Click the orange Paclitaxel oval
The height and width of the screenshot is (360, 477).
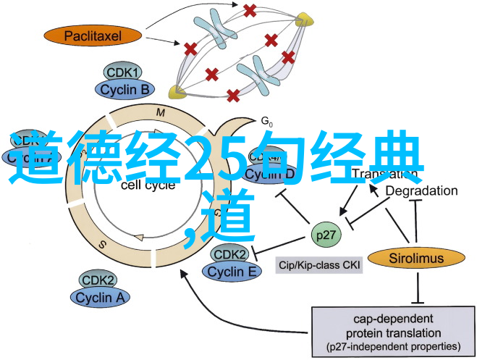(x=93, y=34)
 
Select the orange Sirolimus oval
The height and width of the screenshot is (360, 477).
(x=415, y=257)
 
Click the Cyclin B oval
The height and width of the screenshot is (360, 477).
(x=124, y=89)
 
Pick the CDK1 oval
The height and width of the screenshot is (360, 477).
(x=124, y=73)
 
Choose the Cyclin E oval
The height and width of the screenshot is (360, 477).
(x=232, y=272)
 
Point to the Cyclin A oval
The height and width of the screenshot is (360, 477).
(x=99, y=296)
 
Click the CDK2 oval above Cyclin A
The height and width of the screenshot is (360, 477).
(x=98, y=280)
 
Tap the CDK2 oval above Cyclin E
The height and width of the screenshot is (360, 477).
(x=230, y=255)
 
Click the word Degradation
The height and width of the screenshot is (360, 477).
(x=421, y=191)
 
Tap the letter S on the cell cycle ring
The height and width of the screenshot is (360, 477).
(x=103, y=244)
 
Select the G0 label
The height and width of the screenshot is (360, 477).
(x=266, y=120)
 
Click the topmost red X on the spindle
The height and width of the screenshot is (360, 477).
(x=250, y=11)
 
